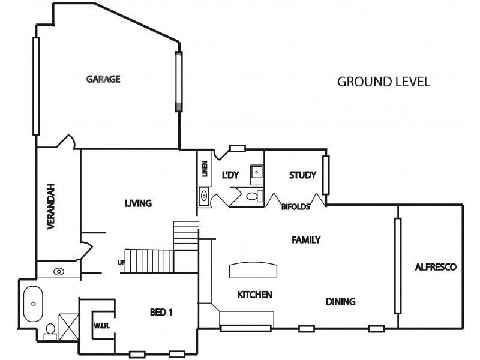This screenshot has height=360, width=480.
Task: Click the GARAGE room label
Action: point(104,79)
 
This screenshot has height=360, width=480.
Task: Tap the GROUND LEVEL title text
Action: point(383,82)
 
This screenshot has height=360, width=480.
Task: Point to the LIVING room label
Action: point(138,203)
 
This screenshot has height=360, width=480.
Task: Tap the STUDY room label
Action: point(302,175)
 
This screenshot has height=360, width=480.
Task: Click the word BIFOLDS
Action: point(295,207)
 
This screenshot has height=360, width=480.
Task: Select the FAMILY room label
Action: point(306,240)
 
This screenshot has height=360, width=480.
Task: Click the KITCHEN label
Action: point(255,295)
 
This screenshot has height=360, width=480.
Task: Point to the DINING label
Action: point(341,301)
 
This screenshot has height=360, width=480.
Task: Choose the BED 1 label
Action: point(161,312)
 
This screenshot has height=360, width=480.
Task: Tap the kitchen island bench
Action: point(253,271)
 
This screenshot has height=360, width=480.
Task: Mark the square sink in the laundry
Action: point(257,172)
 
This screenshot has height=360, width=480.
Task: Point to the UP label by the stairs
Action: point(121,262)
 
